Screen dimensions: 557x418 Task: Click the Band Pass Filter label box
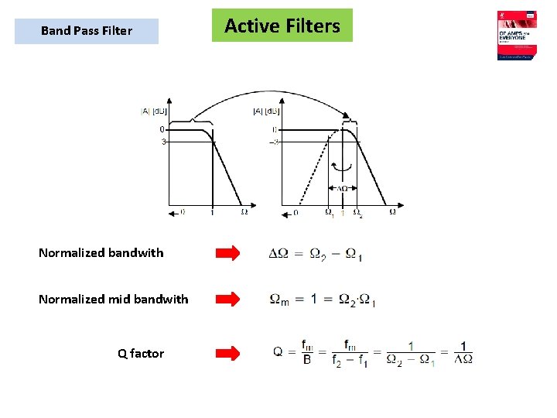tap(87, 31)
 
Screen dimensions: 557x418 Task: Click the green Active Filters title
tap(282, 26)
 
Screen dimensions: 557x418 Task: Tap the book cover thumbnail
tap(516, 36)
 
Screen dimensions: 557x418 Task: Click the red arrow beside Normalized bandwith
tap(227, 252)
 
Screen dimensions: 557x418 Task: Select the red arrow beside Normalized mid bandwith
tap(227, 299)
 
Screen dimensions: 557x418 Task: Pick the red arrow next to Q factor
tap(227, 353)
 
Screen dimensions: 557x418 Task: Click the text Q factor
tap(141, 354)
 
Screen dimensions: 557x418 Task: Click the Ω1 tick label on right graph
tap(330, 213)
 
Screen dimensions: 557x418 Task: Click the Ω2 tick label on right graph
tap(357, 213)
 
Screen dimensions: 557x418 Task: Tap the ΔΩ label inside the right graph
tap(342, 188)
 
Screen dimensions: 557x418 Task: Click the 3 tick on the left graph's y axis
tap(163, 142)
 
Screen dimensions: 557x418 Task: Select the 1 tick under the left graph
tap(213, 212)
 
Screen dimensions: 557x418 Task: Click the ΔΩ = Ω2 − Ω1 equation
tap(315, 253)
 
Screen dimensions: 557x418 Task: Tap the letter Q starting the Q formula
tap(278, 352)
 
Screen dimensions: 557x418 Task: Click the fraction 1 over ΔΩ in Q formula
tap(463, 352)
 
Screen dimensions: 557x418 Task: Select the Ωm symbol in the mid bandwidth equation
tap(278, 300)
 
